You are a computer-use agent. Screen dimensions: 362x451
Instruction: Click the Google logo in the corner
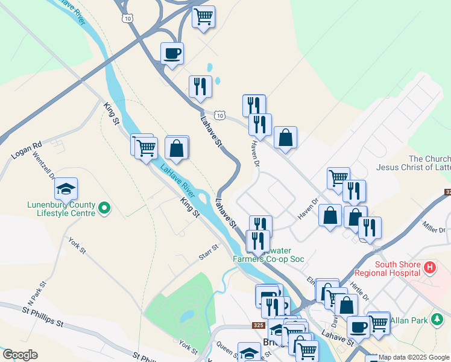click(19, 355)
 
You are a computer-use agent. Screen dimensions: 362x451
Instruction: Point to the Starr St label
click(209, 253)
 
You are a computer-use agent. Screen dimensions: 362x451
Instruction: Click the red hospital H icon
click(429, 266)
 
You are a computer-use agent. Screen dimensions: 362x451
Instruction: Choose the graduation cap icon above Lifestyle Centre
click(66, 189)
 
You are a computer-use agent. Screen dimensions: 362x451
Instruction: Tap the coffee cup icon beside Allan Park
click(358, 327)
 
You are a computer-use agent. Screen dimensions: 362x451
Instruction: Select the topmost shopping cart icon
click(204, 16)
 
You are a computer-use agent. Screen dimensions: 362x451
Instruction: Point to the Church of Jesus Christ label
click(413, 163)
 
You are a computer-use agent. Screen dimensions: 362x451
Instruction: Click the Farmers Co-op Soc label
click(268, 259)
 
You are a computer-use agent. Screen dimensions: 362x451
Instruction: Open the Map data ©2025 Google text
click(414, 357)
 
